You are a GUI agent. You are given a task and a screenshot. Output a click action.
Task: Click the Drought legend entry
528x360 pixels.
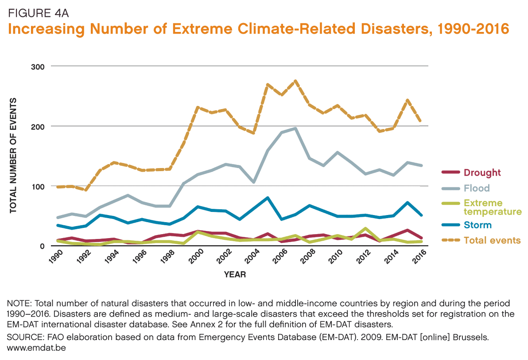482,173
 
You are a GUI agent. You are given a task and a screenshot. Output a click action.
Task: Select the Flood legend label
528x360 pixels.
476,188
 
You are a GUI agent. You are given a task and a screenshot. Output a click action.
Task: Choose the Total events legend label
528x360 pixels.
492,241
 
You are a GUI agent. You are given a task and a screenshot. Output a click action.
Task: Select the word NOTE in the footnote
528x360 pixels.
18,304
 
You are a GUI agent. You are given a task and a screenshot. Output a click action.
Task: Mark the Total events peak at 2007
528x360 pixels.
295,81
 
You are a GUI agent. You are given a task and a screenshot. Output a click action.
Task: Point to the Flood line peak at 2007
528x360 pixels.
295,129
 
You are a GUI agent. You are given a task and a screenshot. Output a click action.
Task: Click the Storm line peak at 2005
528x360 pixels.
268,198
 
